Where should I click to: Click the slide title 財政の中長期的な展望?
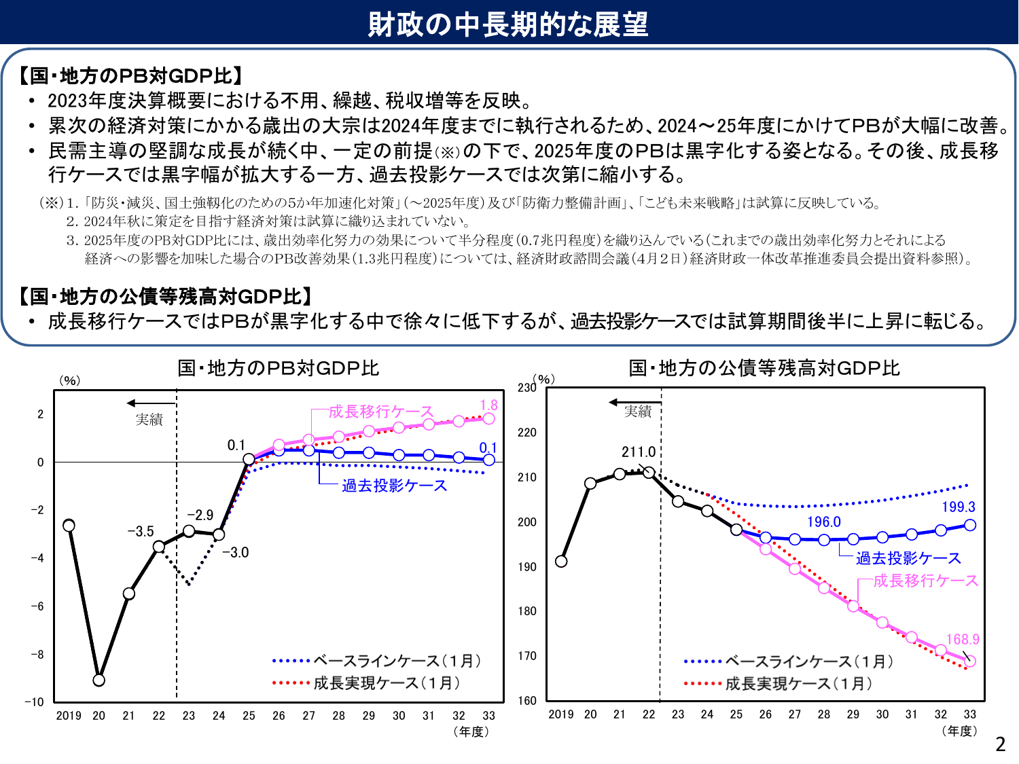click(x=508, y=24)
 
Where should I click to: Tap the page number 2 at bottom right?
click(x=1000, y=744)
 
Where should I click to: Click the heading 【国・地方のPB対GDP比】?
click(x=130, y=75)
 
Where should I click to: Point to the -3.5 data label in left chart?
click(x=141, y=531)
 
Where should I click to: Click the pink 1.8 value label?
click(x=488, y=405)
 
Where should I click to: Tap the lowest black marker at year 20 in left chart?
click(x=99, y=680)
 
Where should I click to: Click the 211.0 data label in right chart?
click(x=639, y=452)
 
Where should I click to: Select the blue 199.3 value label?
click(x=958, y=507)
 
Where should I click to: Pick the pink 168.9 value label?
click(x=963, y=639)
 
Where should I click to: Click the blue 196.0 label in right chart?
click(x=823, y=522)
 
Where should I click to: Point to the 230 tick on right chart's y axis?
click(x=526, y=388)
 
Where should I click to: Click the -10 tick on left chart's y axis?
click(x=35, y=702)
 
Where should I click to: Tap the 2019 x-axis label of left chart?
click(x=69, y=716)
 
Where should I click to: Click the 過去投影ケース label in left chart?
click(x=394, y=486)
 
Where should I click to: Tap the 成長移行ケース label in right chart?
click(x=925, y=581)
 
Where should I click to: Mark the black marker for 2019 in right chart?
click(x=561, y=561)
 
